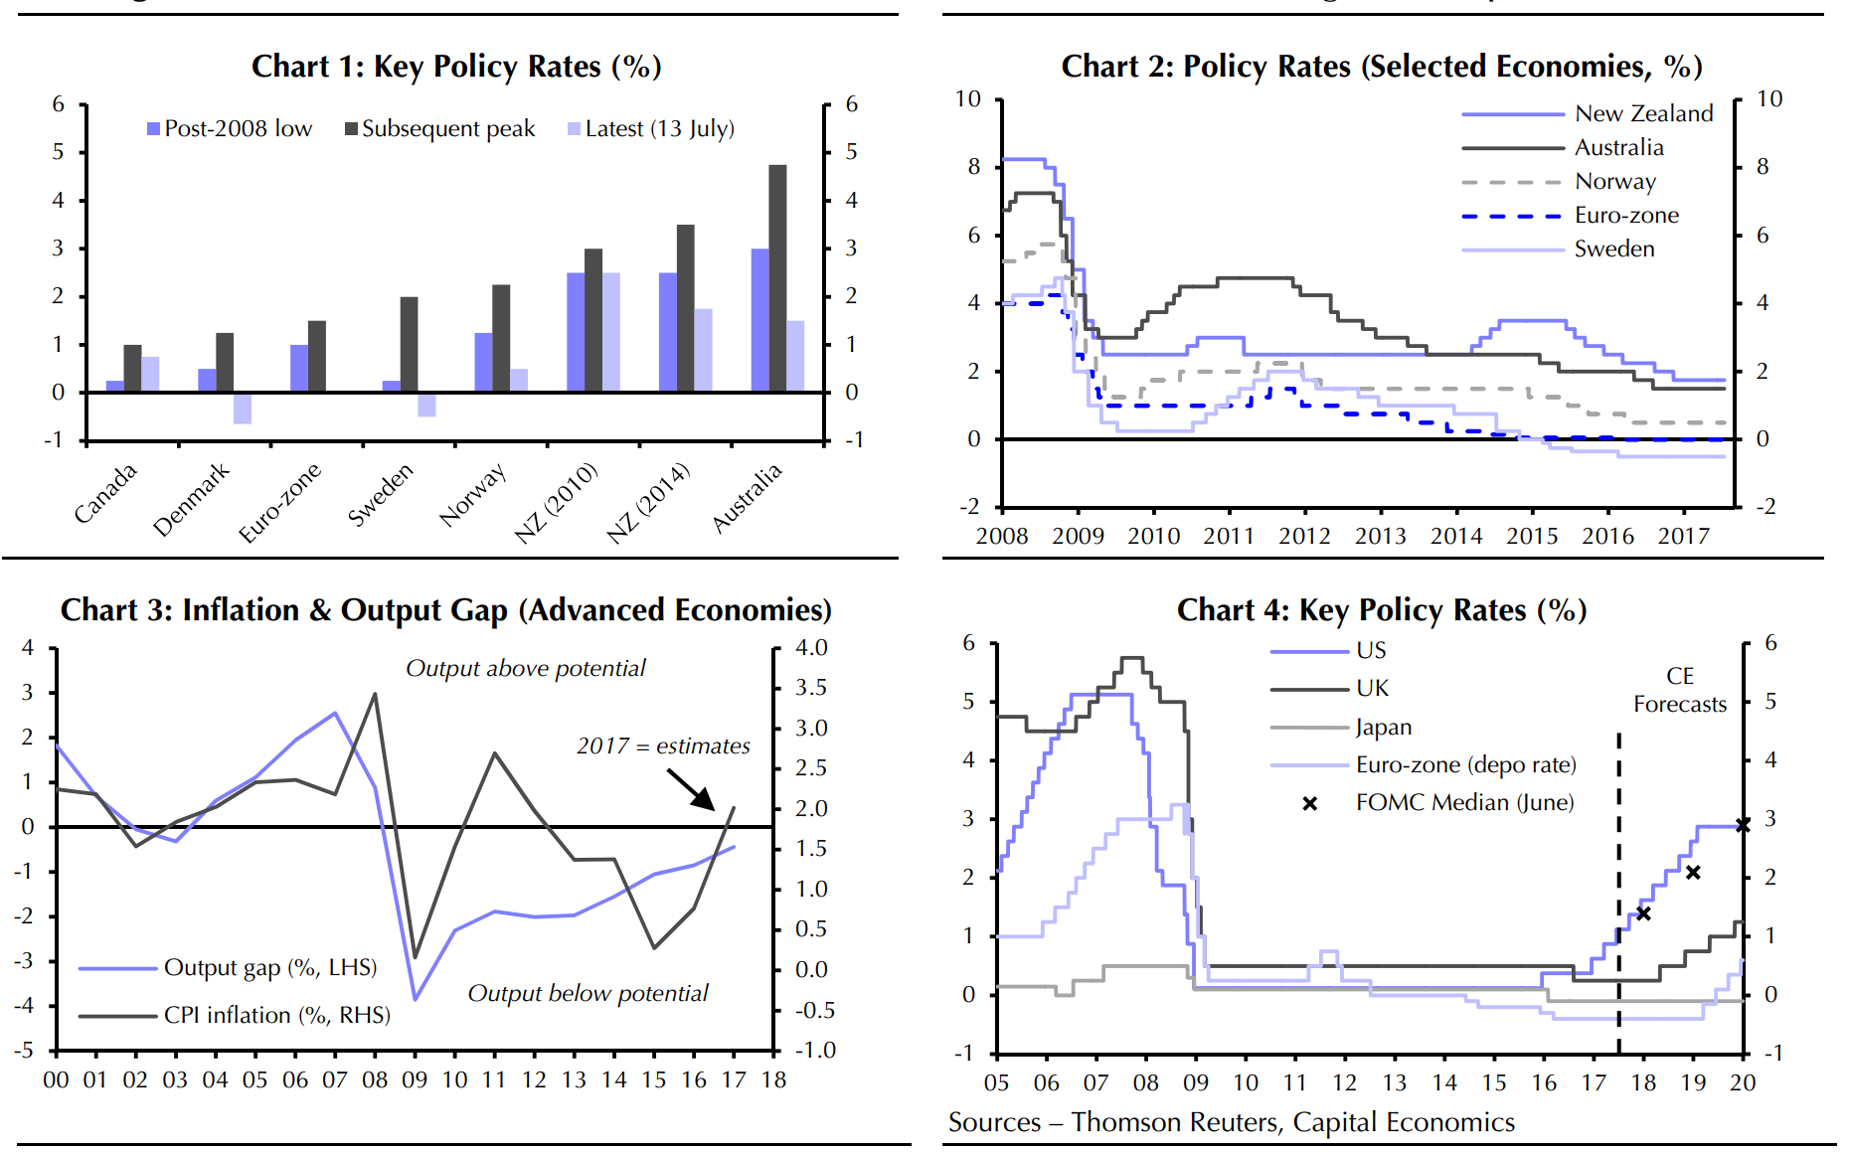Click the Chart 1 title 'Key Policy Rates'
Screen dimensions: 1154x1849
tap(456, 67)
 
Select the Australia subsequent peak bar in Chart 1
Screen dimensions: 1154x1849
tap(777, 278)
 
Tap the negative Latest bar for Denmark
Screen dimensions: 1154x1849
tap(243, 409)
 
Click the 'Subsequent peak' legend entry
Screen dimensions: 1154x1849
tap(439, 129)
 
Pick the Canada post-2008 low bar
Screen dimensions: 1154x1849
tap(115, 387)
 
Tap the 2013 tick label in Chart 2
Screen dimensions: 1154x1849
tap(1380, 537)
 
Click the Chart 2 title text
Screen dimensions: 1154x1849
tap(1381, 67)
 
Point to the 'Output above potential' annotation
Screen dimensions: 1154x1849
tap(525, 668)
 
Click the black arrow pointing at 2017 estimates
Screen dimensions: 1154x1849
tap(691, 789)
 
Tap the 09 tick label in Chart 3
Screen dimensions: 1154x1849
tap(415, 1080)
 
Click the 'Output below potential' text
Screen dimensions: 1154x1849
tap(588, 993)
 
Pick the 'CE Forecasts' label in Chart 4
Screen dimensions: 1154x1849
tap(1680, 690)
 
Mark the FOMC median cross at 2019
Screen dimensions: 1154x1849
tap(1693, 873)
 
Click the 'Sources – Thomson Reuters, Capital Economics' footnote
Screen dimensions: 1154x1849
tap(1231, 1122)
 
